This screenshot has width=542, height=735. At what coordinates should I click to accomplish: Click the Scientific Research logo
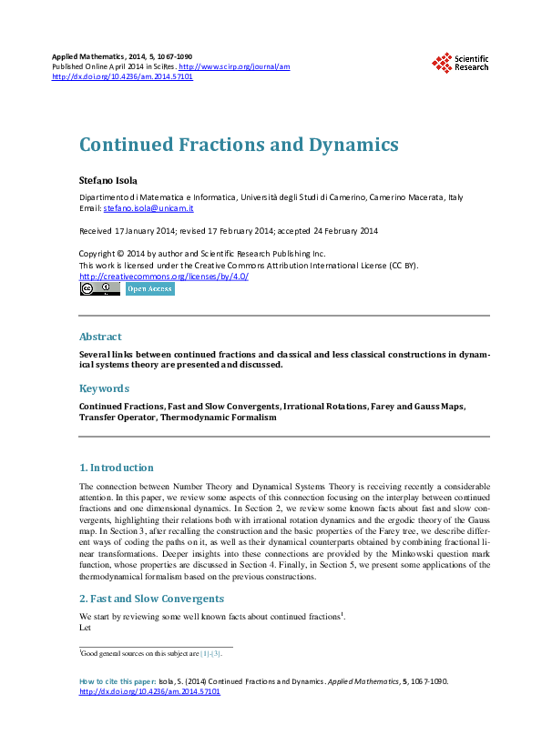(460, 63)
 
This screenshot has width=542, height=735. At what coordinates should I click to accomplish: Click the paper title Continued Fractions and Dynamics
(239, 145)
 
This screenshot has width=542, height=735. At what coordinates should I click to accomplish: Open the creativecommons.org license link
(164, 276)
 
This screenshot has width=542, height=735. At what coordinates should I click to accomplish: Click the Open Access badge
(150, 289)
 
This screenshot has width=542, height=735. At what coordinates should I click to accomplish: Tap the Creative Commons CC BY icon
(100, 289)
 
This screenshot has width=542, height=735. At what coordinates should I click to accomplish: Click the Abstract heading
(100, 337)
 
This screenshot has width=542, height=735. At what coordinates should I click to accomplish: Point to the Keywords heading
(105, 388)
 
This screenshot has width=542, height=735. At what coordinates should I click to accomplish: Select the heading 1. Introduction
(118, 468)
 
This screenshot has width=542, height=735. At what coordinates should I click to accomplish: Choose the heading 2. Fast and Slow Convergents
(151, 599)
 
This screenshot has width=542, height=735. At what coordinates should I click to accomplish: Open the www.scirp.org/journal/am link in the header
(234, 66)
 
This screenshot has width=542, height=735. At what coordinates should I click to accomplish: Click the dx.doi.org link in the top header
(123, 77)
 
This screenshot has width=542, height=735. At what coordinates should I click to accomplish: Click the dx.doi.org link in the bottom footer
(150, 691)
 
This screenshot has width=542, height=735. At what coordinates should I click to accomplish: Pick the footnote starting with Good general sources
(150, 653)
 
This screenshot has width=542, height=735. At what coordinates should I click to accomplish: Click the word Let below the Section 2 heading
(86, 627)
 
